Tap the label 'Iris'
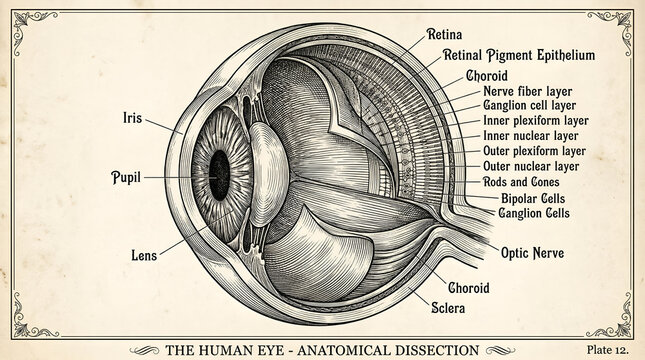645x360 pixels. (x=132, y=117)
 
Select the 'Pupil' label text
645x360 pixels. (x=125, y=177)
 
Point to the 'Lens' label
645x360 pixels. (x=144, y=255)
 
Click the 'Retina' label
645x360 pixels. (x=445, y=34)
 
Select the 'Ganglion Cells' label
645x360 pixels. (x=534, y=213)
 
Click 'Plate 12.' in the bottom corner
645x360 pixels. (x=608, y=349)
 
